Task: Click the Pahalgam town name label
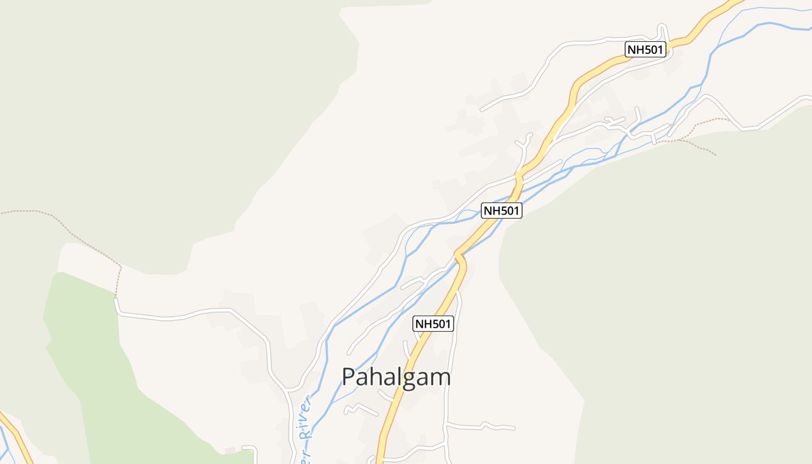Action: pyautogui.click(x=396, y=377)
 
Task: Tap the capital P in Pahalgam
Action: pyautogui.click(x=349, y=377)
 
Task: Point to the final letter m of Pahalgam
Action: pyautogui.click(x=440, y=379)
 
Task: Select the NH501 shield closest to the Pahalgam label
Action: pyautogui.click(x=433, y=324)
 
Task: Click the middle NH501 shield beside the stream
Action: pyautogui.click(x=502, y=211)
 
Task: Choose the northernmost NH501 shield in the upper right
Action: pyautogui.click(x=646, y=49)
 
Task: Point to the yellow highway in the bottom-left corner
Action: pyautogui.click(x=17, y=435)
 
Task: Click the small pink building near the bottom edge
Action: pyautogui.click(x=230, y=450)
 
